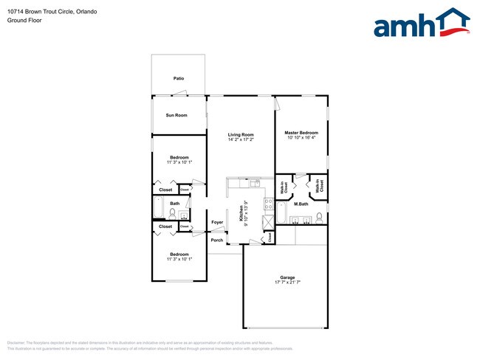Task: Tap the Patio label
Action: point(179,78)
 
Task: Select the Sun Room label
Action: point(176,115)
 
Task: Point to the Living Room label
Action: point(241,134)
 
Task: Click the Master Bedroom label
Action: point(301,133)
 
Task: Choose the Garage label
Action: point(287,277)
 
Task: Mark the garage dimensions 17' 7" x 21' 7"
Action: point(287,283)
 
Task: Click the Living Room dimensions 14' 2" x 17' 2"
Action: point(241,139)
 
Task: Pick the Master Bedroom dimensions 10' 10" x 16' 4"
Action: point(301,138)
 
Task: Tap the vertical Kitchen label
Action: point(241,213)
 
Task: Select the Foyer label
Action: point(217,222)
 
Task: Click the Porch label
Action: point(217,240)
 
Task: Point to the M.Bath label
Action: point(301,204)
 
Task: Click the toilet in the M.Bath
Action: point(319,218)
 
